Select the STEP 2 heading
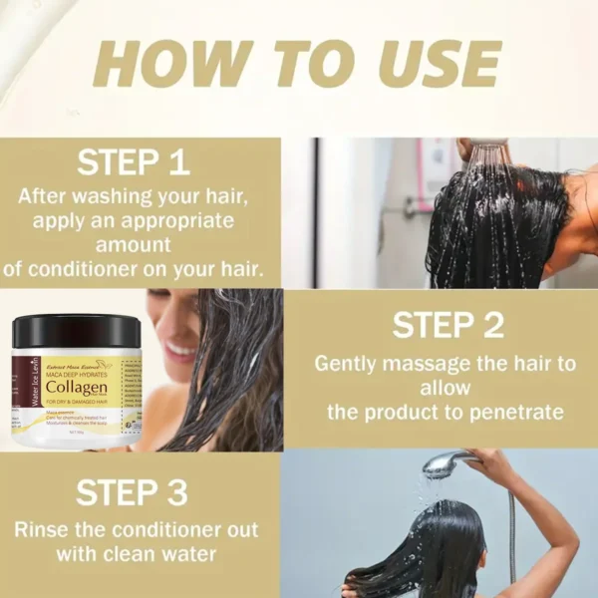tap(446, 325)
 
